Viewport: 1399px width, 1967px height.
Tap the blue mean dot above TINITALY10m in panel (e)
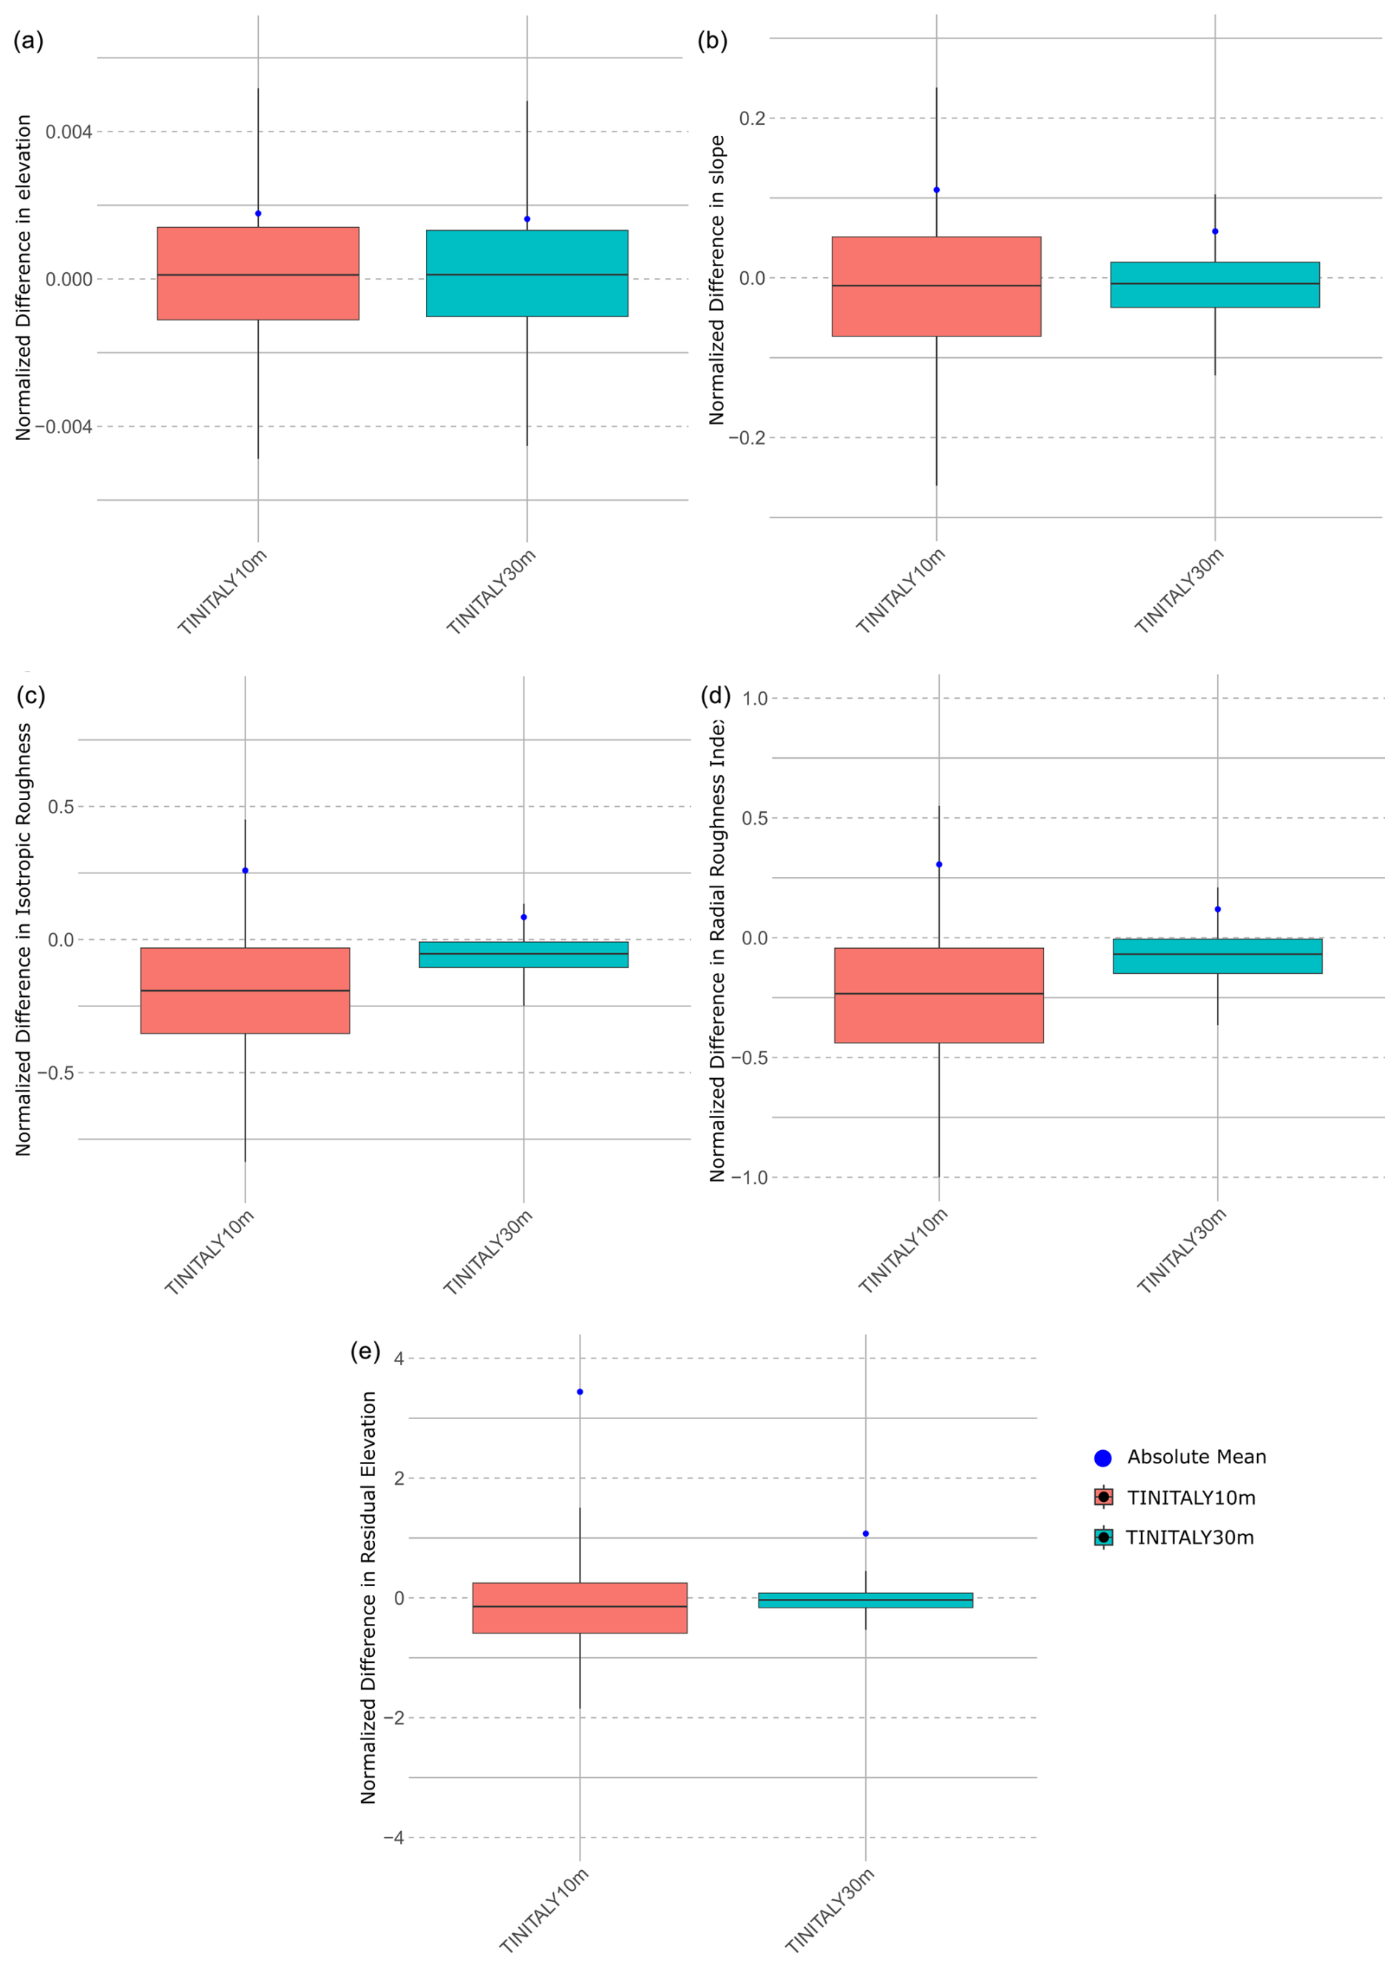click(x=580, y=1392)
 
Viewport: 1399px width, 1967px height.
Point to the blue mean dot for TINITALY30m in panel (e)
click(x=866, y=1534)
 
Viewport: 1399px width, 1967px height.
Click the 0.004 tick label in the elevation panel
click(x=69, y=132)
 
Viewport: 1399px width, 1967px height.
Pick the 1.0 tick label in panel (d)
click(x=755, y=699)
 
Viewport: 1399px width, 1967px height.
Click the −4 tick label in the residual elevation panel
click(x=393, y=1838)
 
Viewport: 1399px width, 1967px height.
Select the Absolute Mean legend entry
click(x=1196, y=1457)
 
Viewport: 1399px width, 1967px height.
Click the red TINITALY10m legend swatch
click(x=1102, y=1497)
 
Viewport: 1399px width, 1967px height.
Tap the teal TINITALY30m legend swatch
click(x=1102, y=1537)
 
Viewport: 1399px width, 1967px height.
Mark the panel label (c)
click(x=30, y=695)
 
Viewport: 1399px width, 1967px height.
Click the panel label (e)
click(x=365, y=1351)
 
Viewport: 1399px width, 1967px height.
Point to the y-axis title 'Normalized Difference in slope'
click(x=717, y=280)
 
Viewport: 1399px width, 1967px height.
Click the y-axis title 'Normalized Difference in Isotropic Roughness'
click(x=23, y=939)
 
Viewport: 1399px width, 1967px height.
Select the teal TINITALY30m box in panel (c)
click(x=523, y=955)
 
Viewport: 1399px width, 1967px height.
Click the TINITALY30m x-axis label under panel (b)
click(x=1179, y=591)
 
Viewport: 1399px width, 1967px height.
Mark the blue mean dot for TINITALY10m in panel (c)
click(x=245, y=871)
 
